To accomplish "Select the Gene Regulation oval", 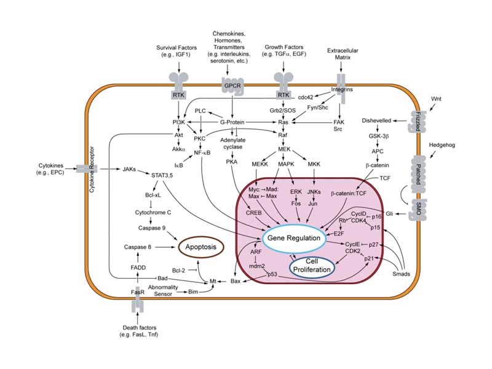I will pyautogui.click(x=297, y=237).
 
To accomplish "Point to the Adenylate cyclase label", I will pyautogui.click(x=232, y=135).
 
